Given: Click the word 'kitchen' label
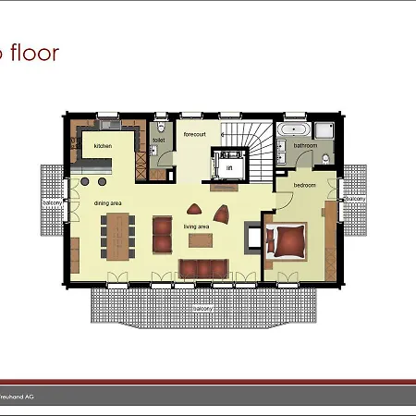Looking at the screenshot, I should [x=103, y=146].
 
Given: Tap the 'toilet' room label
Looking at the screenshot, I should [x=159, y=141].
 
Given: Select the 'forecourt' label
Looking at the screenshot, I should [x=194, y=135].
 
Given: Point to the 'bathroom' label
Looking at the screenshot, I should [x=305, y=145].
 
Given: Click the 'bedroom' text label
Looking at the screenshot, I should [x=304, y=185].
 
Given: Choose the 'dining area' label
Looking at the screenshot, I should [x=108, y=202].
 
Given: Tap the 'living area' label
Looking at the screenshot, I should [x=197, y=226].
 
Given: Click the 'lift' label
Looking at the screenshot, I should [x=229, y=168].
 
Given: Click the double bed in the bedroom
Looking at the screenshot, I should [x=288, y=240].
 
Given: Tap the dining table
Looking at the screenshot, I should [x=118, y=237].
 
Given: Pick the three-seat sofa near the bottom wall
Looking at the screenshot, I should [x=202, y=267].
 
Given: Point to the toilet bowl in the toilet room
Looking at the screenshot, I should [x=161, y=127].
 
